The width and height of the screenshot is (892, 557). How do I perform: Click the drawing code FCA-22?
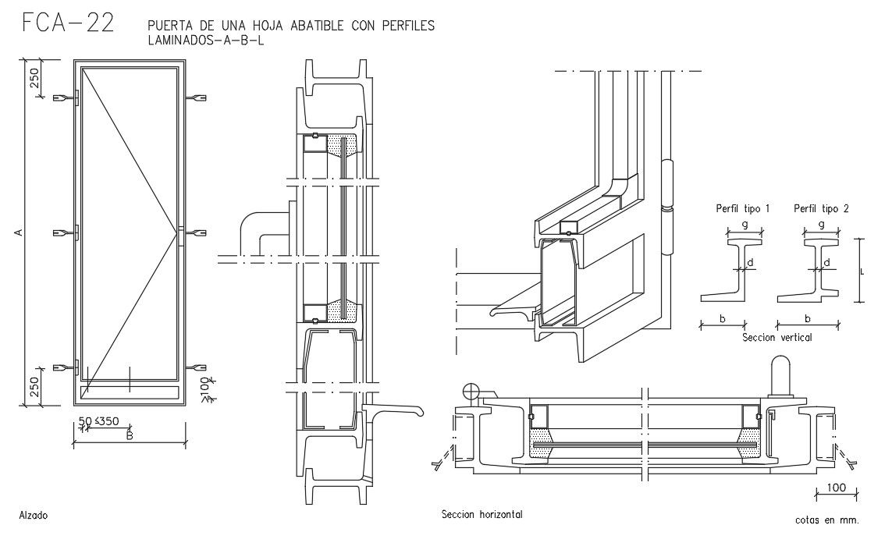[68, 23]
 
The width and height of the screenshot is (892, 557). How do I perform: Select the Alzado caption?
[34, 516]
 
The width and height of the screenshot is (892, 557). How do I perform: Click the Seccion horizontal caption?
[482, 514]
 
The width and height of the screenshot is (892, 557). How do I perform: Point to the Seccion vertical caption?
[777, 337]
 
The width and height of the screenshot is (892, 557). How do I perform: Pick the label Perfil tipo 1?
[742, 209]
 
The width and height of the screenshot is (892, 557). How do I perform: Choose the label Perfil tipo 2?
[821, 209]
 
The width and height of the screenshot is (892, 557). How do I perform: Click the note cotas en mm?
[827, 520]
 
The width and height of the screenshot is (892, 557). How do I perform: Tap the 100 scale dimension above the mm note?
[837, 488]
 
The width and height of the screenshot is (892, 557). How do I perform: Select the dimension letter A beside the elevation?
[18, 232]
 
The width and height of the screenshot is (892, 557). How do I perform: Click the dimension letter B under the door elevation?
[129, 436]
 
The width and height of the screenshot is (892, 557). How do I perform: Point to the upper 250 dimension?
[34, 78]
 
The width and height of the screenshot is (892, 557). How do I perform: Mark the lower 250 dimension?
[34, 387]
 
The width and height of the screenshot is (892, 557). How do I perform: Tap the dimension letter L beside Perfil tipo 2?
[862, 272]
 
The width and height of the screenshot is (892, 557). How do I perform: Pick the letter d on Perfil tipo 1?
[750, 263]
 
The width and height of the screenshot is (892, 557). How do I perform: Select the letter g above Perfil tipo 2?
[821, 224]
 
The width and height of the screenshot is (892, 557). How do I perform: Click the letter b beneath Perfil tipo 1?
[723, 318]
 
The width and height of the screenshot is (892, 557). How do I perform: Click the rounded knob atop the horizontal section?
[780, 377]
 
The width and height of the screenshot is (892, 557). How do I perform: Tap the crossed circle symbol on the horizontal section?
[471, 392]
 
